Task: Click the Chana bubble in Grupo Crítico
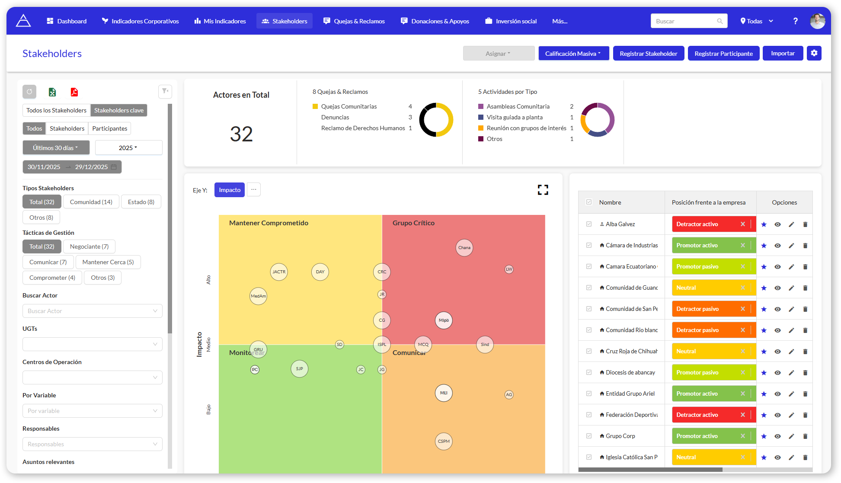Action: point(464,248)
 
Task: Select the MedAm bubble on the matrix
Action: point(258,296)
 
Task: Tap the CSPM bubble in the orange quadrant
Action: point(444,441)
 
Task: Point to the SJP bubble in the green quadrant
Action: point(299,369)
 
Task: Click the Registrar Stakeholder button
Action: point(648,54)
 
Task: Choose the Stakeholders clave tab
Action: point(119,110)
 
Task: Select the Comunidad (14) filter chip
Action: point(91,202)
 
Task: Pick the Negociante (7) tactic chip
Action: point(89,246)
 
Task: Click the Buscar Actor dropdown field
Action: point(92,311)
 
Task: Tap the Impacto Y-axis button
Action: point(230,190)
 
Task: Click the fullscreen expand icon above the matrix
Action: point(543,190)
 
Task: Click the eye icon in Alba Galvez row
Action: point(777,224)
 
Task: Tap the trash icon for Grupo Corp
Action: point(805,436)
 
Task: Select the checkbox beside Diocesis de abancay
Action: point(589,372)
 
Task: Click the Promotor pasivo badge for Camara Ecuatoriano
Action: point(709,266)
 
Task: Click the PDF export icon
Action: point(74,92)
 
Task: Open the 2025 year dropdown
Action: point(128,148)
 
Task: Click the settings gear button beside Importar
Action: point(814,53)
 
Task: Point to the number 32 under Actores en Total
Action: point(241,134)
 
